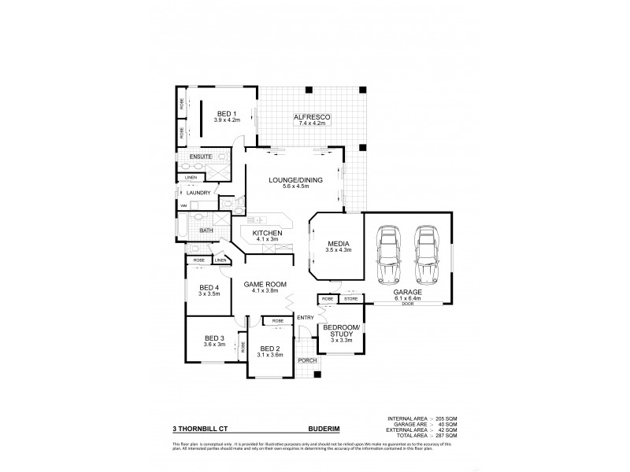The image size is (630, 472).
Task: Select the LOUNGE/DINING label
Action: (295, 181)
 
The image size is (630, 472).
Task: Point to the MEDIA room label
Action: (339, 244)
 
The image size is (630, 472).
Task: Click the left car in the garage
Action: (387, 254)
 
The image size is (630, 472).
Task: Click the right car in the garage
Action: (425, 254)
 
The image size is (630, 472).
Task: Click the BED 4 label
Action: (209, 288)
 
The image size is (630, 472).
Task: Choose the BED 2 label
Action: (270, 348)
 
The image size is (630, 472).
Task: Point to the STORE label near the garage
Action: (350, 298)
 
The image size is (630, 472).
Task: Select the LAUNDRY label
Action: (198, 193)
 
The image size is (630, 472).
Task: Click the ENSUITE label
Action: (200, 157)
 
